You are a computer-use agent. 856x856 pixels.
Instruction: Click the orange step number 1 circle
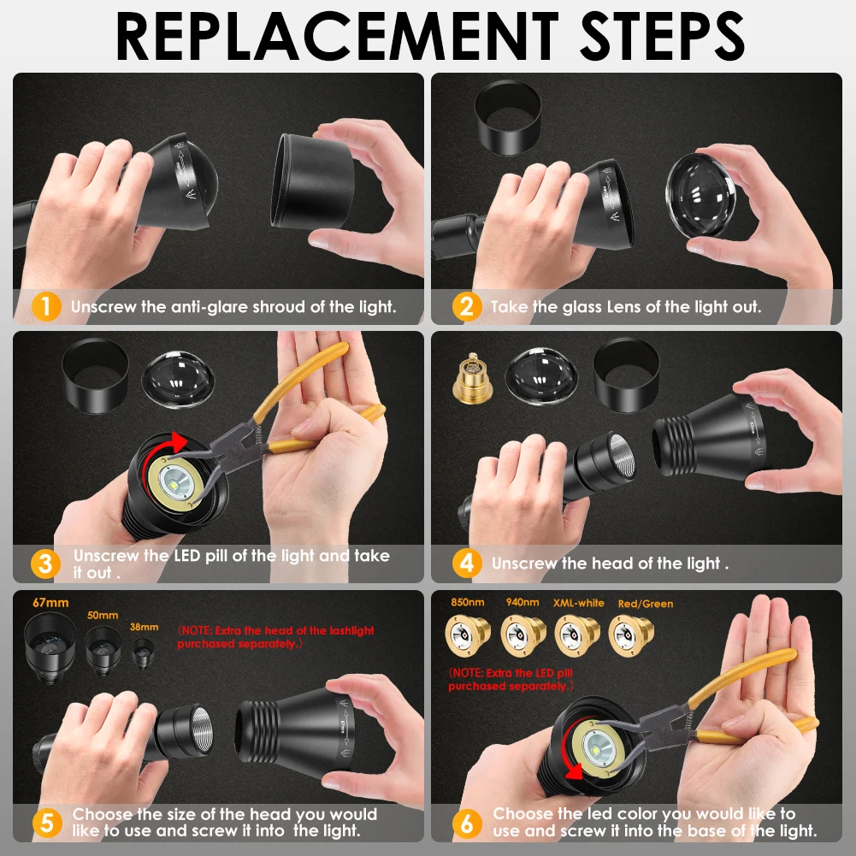click(x=46, y=307)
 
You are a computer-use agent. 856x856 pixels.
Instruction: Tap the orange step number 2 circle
click(x=467, y=307)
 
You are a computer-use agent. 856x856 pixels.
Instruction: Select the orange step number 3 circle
click(x=46, y=564)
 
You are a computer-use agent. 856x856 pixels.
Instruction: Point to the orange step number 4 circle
click(x=467, y=563)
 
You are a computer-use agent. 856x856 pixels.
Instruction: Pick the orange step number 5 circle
click(x=47, y=823)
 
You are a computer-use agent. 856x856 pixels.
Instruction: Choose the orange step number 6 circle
click(x=467, y=823)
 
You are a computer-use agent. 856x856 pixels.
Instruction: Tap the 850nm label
click(x=467, y=602)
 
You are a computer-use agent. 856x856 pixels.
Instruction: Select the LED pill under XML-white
click(x=576, y=635)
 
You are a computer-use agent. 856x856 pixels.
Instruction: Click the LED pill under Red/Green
click(x=630, y=635)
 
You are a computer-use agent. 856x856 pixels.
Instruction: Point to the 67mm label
click(x=50, y=603)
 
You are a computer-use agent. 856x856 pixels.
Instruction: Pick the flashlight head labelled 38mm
click(x=143, y=653)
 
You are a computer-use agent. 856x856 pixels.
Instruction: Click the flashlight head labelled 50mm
click(x=103, y=650)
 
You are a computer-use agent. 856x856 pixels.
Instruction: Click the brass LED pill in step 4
click(x=472, y=379)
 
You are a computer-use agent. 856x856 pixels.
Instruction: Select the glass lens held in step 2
click(x=700, y=195)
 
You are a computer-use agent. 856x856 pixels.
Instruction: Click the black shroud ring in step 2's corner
click(x=508, y=118)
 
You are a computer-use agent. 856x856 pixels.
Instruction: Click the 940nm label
click(x=522, y=602)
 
